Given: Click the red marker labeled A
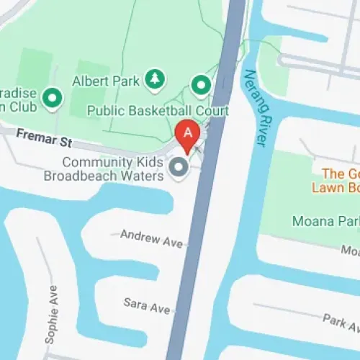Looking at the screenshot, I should pos(188,135).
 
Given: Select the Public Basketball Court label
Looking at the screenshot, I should pos(158,111).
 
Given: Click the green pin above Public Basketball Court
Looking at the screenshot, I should pos(200,86).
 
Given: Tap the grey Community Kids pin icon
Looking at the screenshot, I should pos(177,168).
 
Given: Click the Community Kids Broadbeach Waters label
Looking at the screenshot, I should pos(113,169).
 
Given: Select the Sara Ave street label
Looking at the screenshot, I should pos(146,305).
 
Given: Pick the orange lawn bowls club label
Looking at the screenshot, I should pos(336,180).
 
